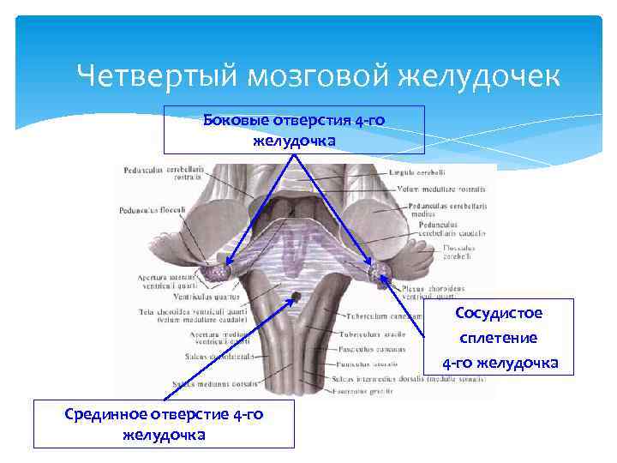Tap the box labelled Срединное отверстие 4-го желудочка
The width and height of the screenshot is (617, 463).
tap(164, 424)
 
